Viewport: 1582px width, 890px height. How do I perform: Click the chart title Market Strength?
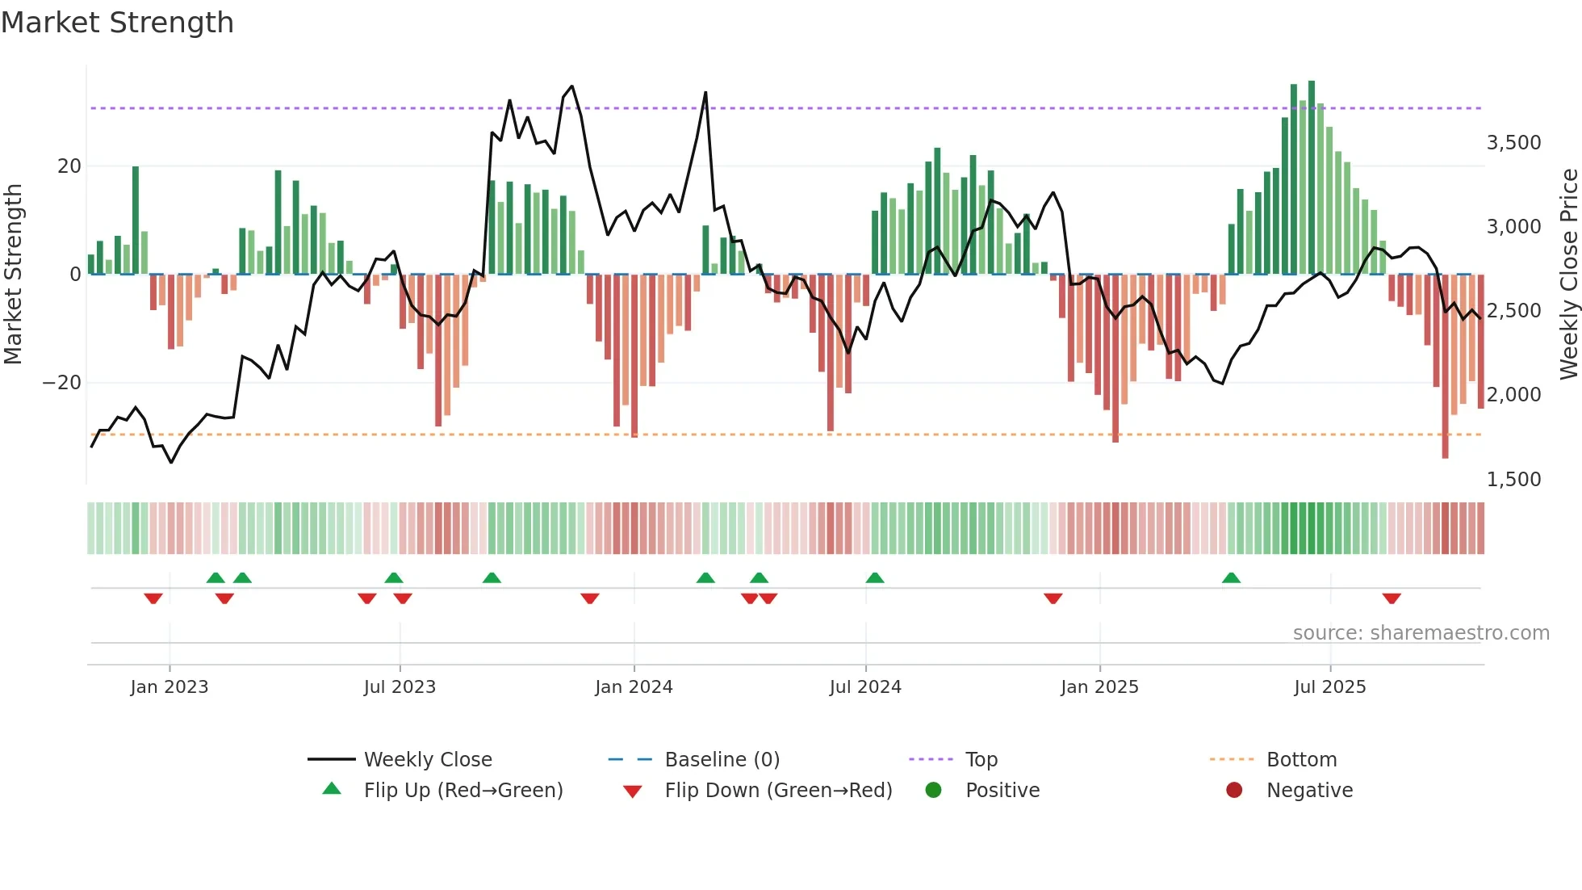click(x=117, y=23)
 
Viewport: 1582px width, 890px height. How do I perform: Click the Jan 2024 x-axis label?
click(x=634, y=687)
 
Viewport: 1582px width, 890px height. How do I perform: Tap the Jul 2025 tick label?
click(x=1329, y=687)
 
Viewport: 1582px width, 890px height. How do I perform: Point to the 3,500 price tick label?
click(x=1513, y=143)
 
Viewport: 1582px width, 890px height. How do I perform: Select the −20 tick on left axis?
click(x=62, y=383)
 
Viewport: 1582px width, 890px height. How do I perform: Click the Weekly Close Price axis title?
click(x=1568, y=275)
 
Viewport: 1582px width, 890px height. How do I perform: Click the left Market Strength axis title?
click(x=13, y=275)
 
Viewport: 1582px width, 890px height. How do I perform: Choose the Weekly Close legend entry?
click(x=427, y=760)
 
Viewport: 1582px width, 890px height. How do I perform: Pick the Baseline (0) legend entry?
click(x=722, y=760)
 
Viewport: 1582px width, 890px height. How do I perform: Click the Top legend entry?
click(x=981, y=760)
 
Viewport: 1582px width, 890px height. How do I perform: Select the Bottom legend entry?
click(x=1301, y=760)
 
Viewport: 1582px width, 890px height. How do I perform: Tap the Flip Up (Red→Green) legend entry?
click(x=462, y=791)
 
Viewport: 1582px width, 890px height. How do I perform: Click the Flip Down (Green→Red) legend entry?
click(x=778, y=791)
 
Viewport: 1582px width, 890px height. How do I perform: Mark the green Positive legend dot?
click(x=933, y=791)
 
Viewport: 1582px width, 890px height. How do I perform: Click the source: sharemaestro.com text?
click(x=1421, y=633)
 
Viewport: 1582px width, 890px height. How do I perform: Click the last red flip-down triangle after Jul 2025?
click(x=1391, y=598)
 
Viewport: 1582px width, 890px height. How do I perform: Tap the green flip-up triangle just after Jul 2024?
click(x=875, y=577)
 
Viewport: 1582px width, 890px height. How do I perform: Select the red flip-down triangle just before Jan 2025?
click(x=1053, y=598)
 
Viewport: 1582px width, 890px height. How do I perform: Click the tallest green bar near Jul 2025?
click(x=1312, y=178)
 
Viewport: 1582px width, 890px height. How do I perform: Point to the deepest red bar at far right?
click(x=1445, y=367)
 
